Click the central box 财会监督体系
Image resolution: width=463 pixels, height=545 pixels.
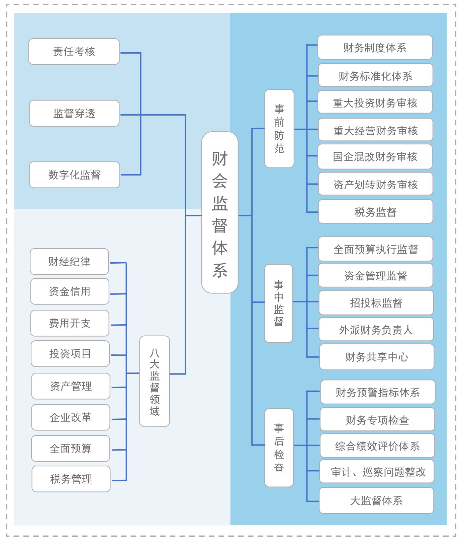pos(220,212)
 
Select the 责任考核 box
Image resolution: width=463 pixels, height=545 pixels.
pos(74,52)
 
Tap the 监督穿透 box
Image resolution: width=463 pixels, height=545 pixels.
pos(74,113)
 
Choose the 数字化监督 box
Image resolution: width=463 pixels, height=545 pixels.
pos(75,175)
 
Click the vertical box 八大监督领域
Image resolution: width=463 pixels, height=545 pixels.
pos(155,381)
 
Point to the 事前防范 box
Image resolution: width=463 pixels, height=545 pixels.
pos(279,129)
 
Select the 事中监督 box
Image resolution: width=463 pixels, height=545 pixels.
pos(279,303)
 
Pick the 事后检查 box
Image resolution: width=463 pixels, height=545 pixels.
pos(279,448)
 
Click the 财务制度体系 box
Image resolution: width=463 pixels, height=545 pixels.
pos(375,47)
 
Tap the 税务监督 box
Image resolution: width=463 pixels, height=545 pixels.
pos(376,212)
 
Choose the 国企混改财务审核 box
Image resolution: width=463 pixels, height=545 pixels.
pos(375,156)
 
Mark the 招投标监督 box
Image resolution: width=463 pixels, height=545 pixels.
pos(376,302)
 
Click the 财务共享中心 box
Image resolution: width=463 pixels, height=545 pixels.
pos(377,357)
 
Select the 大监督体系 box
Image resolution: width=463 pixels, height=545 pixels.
pos(376,500)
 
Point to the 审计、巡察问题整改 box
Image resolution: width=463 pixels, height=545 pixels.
pos(377,472)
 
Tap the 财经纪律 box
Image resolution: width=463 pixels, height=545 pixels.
pos(69,262)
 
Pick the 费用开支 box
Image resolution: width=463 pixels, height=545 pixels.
pos(70,323)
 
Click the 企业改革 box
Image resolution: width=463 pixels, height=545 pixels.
pos(71,417)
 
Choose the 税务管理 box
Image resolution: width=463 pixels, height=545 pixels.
pos(71,479)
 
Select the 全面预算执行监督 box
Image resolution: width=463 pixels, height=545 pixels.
pos(376,249)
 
